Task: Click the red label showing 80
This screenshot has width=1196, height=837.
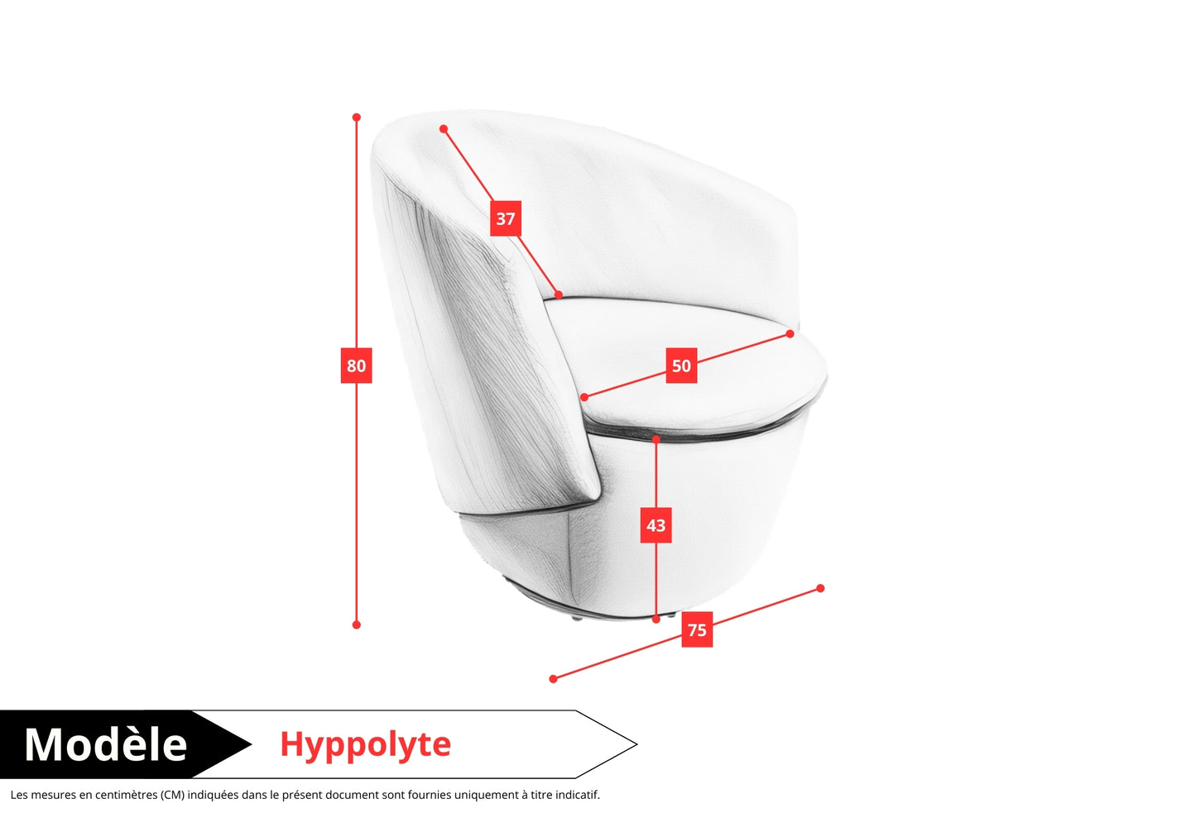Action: [356, 366]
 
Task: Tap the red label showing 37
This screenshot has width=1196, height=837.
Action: [505, 218]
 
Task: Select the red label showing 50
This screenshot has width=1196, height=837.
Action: [681, 366]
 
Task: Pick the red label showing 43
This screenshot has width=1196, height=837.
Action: [656, 525]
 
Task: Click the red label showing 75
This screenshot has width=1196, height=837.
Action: [697, 629]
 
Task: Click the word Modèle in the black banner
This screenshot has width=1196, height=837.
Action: [106, 744]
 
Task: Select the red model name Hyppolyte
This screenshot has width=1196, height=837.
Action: [365, 744]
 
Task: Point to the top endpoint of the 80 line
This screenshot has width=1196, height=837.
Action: [357, 117]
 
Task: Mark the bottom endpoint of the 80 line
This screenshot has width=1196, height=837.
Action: [357, 624]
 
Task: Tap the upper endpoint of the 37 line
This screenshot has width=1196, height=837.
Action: [444, 129]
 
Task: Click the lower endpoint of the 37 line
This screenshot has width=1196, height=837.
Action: [559, 294]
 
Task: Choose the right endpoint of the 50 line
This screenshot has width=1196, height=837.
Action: [790, 334]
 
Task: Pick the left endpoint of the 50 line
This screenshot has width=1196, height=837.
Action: [584, 398]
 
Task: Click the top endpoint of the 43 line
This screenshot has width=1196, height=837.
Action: [656, 440]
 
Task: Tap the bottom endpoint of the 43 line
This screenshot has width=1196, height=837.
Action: [656, 619]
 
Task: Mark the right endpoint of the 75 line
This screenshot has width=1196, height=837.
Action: [820, 589]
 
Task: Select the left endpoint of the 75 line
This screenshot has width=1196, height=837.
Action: [554, 679]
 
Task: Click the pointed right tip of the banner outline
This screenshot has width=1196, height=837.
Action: [636, 744]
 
